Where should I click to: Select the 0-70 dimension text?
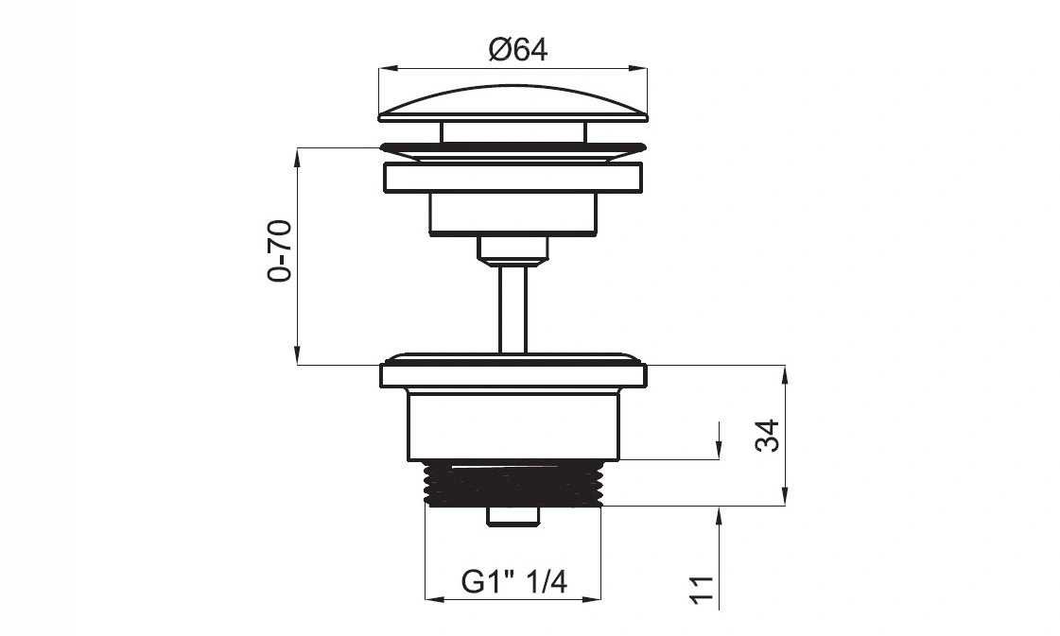click(279, 250)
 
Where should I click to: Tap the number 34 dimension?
click(768, 436)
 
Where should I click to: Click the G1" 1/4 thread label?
click(514, 580)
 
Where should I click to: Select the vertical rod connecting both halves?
click(513, 308)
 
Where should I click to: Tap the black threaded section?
click(513, 484)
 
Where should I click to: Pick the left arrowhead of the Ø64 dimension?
click(388, 68)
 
